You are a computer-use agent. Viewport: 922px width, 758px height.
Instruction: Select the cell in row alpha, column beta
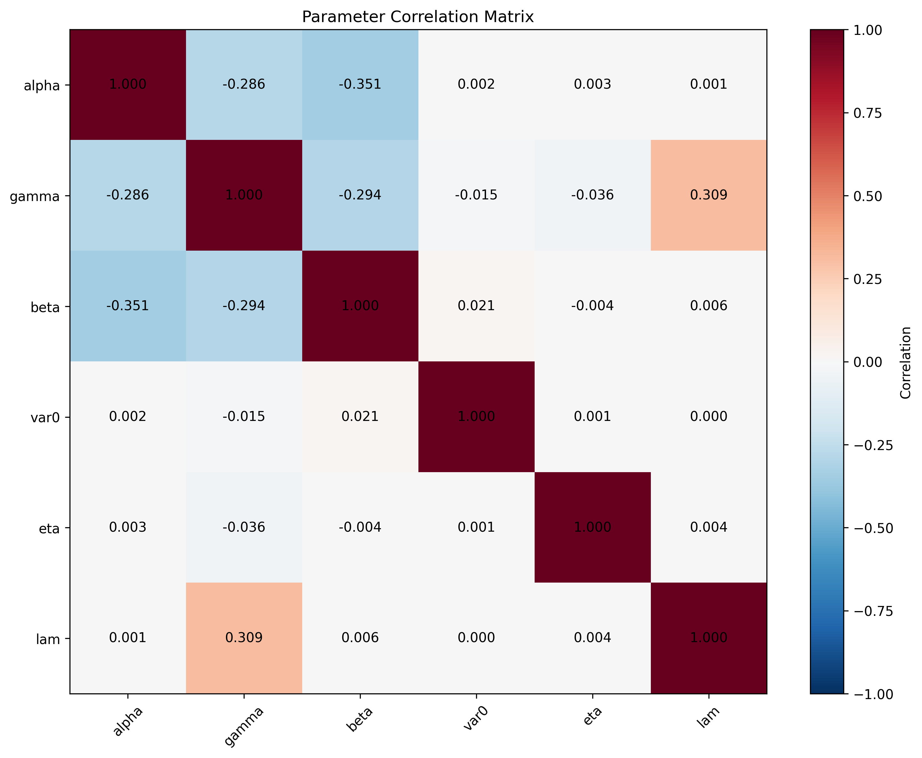[x=360, y=84]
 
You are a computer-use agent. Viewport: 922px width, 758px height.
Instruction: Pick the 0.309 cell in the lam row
[x=244, y=638]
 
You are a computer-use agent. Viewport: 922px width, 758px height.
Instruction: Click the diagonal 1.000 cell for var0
[x=476, y=416]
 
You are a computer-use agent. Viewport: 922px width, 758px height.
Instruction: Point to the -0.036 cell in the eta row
[x=244, y=527]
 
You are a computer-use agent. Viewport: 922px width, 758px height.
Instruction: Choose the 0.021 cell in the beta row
[x=476, y=306]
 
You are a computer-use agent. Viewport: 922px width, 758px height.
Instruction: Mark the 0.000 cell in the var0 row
[x=708, y=416]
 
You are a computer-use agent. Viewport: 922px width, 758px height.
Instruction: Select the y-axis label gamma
[x=35, y=197]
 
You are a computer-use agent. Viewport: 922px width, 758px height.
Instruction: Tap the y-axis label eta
[x=49, y=529]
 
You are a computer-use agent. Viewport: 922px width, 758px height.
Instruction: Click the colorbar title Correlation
[x=906, y=362]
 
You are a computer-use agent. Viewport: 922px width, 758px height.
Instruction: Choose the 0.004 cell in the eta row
[x=708, y=527]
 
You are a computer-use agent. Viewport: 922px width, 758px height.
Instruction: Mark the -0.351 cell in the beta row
[x=127, y=306]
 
